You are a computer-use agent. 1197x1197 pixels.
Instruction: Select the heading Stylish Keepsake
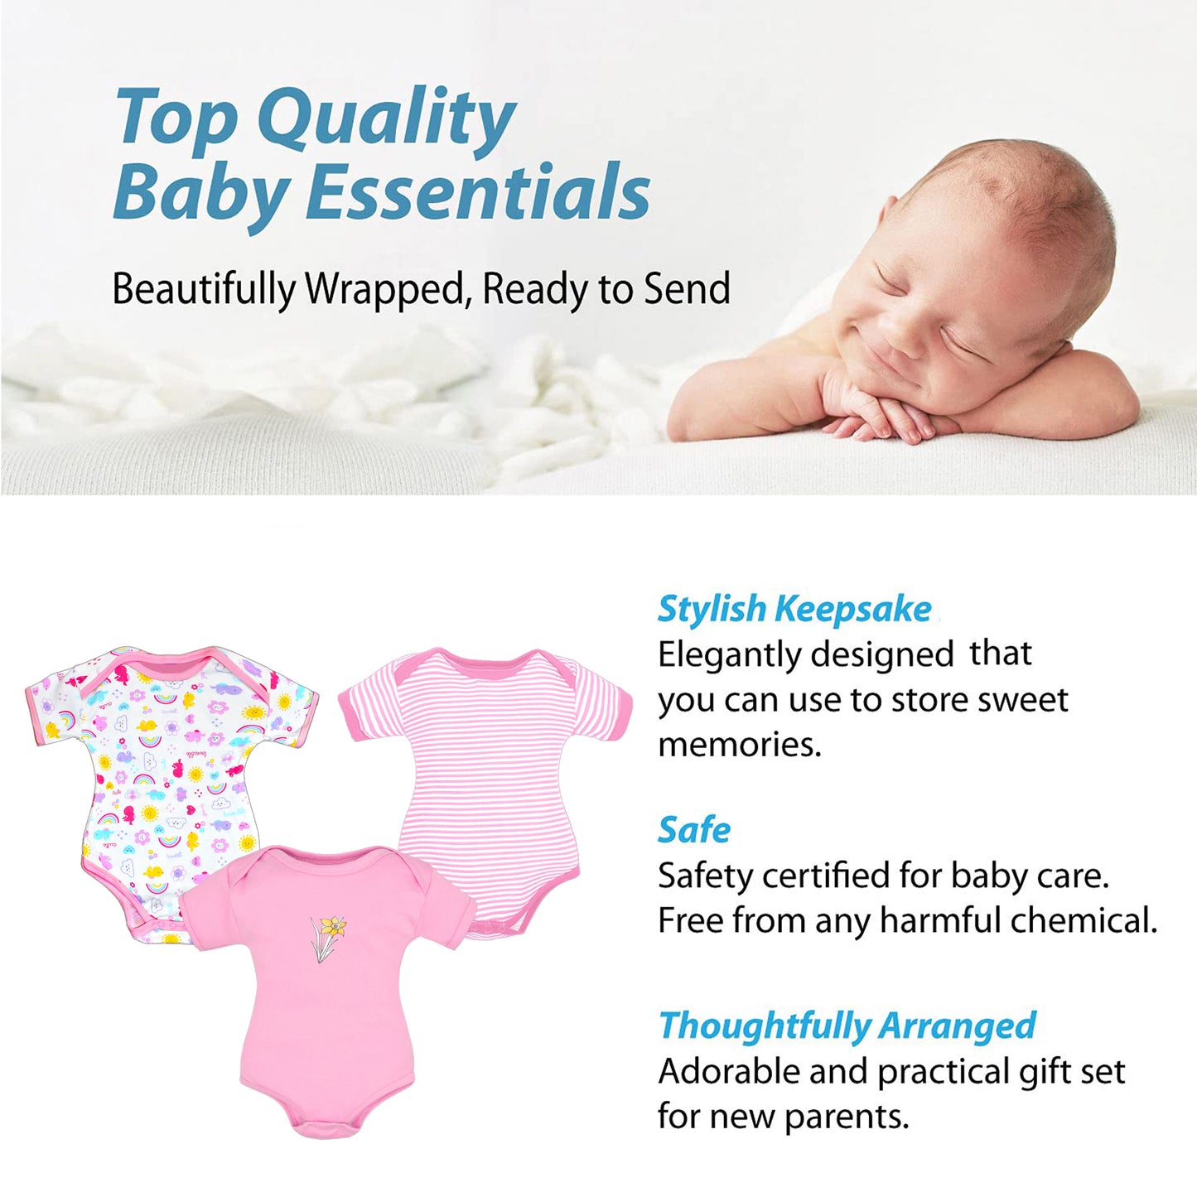pyautogui.click(x=794, y=610)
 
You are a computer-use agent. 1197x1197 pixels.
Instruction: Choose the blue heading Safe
pyautogui.click(x=694, y=830)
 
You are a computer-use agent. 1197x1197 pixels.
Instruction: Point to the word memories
pyautogui.click(x=740, y=744)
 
